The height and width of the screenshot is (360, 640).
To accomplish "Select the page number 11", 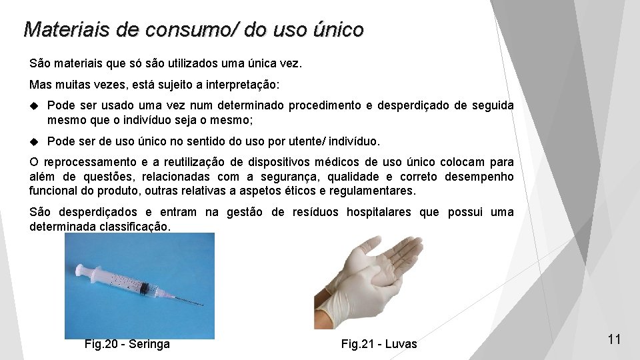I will click(x=614, y=339).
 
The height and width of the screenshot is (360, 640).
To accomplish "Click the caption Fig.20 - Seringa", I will click(x=127, y=344).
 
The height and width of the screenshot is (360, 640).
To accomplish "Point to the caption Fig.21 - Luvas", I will click(x=379, y=344).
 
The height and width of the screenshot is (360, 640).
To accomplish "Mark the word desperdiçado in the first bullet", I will click(x=420, y=106).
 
